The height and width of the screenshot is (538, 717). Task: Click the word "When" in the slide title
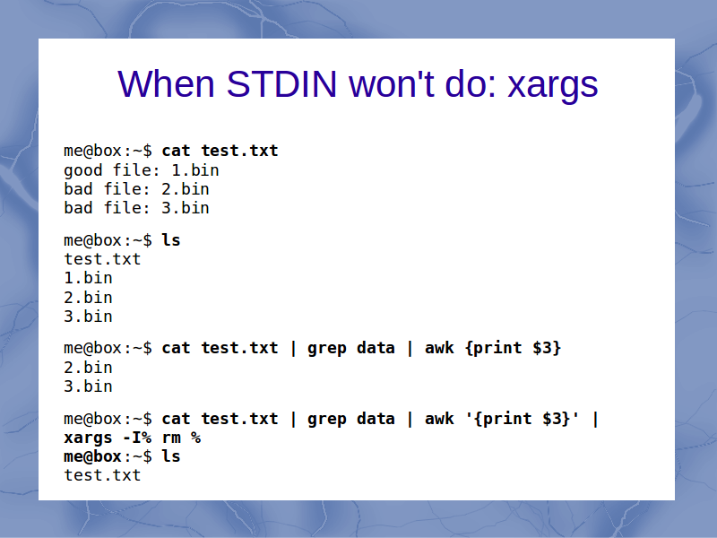(x=166, y=84)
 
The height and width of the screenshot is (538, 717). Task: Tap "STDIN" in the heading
(x=281, y=84)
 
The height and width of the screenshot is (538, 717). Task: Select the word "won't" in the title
(x=391, y=84)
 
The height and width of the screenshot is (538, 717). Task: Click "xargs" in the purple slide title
(x=553, y=87)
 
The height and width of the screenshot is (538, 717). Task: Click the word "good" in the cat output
(x=83, y=171)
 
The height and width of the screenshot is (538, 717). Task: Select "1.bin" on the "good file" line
(x=195, y=170)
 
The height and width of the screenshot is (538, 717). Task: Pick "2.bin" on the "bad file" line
(x=186, y=189)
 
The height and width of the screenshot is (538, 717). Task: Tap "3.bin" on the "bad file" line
(x=186, y=208)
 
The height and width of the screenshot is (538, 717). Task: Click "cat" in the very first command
(x=176, y=151)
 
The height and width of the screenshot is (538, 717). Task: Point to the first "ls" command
(x=171, y=240)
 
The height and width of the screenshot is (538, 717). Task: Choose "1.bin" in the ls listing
(x=88, y=278)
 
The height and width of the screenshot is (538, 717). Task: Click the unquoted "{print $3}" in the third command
(x=513, y=348)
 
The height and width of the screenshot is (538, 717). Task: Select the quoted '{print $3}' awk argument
(x=523, y=419)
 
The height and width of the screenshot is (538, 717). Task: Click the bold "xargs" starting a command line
(x=88, y=438)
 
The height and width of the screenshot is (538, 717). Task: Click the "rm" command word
(x=171, y=438)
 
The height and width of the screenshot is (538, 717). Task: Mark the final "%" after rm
(x=195, y=438)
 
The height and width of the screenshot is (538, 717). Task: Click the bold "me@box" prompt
(x=93, y=456)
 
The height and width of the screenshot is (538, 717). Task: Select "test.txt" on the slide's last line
(x=102, y=475)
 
